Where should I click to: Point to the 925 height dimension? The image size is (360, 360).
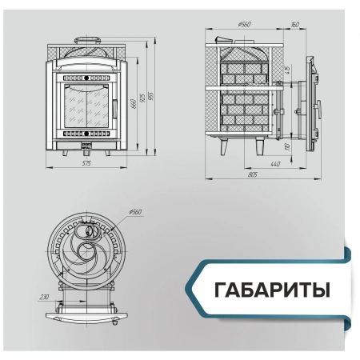(x=142, y=97)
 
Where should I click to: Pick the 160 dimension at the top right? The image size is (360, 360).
(x=296, y=25)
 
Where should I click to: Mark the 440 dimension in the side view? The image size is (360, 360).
(x=275, y=163)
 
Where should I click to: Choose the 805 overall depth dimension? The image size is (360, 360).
(x=254, y=173)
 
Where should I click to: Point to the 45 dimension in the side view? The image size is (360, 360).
(x=287, y=70)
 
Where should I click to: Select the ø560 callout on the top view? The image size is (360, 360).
(x=134, y=211)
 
